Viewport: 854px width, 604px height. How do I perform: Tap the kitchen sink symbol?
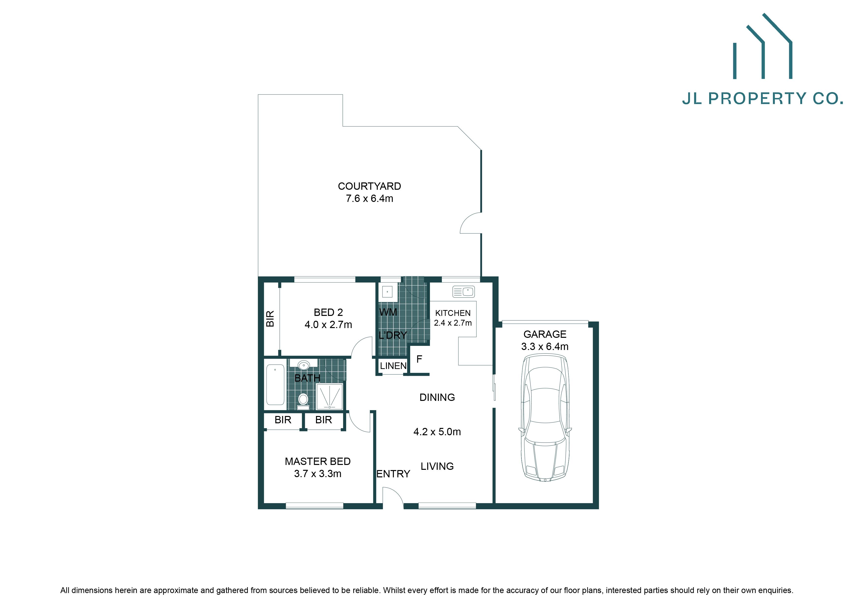pyautogui.click(x=464, y=292)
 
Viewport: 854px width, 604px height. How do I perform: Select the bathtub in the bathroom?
pyautogui.click(x=275, y=384)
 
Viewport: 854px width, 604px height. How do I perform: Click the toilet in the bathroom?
pyautogui.click(x=303, y=400)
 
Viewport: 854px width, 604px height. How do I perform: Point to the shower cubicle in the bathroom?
pyautogui.click(x=329, y=397)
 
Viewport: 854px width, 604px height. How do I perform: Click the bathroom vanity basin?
pyautogui.click(x=304, y=365)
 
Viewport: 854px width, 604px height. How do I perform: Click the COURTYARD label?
pyautogui.click(x=369, y=186)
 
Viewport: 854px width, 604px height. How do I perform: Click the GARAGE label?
pyautogui.click(x=545, y=334)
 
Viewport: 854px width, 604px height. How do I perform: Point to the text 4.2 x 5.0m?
pyautogui.click(x=437, y=432)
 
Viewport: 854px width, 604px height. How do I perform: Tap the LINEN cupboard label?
pyautogui.click(x=393, y=366)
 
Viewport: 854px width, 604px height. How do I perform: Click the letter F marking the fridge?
pyautogui.click(x=419, y=359)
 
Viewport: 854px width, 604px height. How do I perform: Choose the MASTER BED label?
pyautogui.click(x=318, y=462)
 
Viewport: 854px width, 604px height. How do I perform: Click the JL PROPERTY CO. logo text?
pyautogui.click(x=762, y=99)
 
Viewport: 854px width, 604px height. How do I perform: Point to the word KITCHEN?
pyautogui.click(x=453, y=313)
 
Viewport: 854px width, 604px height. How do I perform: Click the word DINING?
pyautogui.click(x=437, y=397)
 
